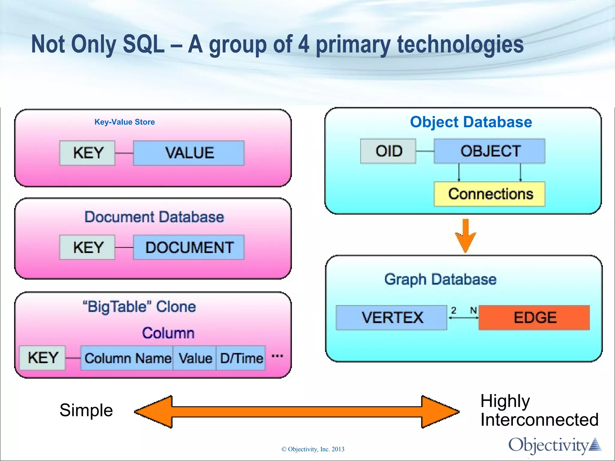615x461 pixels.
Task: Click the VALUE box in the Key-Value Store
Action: point(189,153)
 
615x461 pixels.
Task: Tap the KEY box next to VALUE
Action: point(87,153)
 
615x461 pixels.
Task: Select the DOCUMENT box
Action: point(189,247)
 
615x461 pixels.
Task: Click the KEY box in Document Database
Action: point(87,247)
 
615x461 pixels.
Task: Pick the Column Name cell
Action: point(127,358)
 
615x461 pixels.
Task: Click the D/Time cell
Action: point(241,358)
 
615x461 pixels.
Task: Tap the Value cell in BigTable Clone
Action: point(195,358)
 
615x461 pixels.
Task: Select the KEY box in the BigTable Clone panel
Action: point(42,358)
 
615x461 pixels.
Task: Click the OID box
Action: point(388,151)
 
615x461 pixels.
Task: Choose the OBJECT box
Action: point(489,151)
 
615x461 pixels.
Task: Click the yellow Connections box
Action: point(489,194)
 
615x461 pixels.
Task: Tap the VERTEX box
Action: point(392,318)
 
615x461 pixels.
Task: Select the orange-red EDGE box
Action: point(534,318)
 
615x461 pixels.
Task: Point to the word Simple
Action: point(86,410)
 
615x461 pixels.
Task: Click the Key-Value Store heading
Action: point(125,122)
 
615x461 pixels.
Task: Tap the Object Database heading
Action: point(471,122)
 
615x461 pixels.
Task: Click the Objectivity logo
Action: point(554,445)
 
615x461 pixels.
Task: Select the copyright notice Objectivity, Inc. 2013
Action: point(313,449)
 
